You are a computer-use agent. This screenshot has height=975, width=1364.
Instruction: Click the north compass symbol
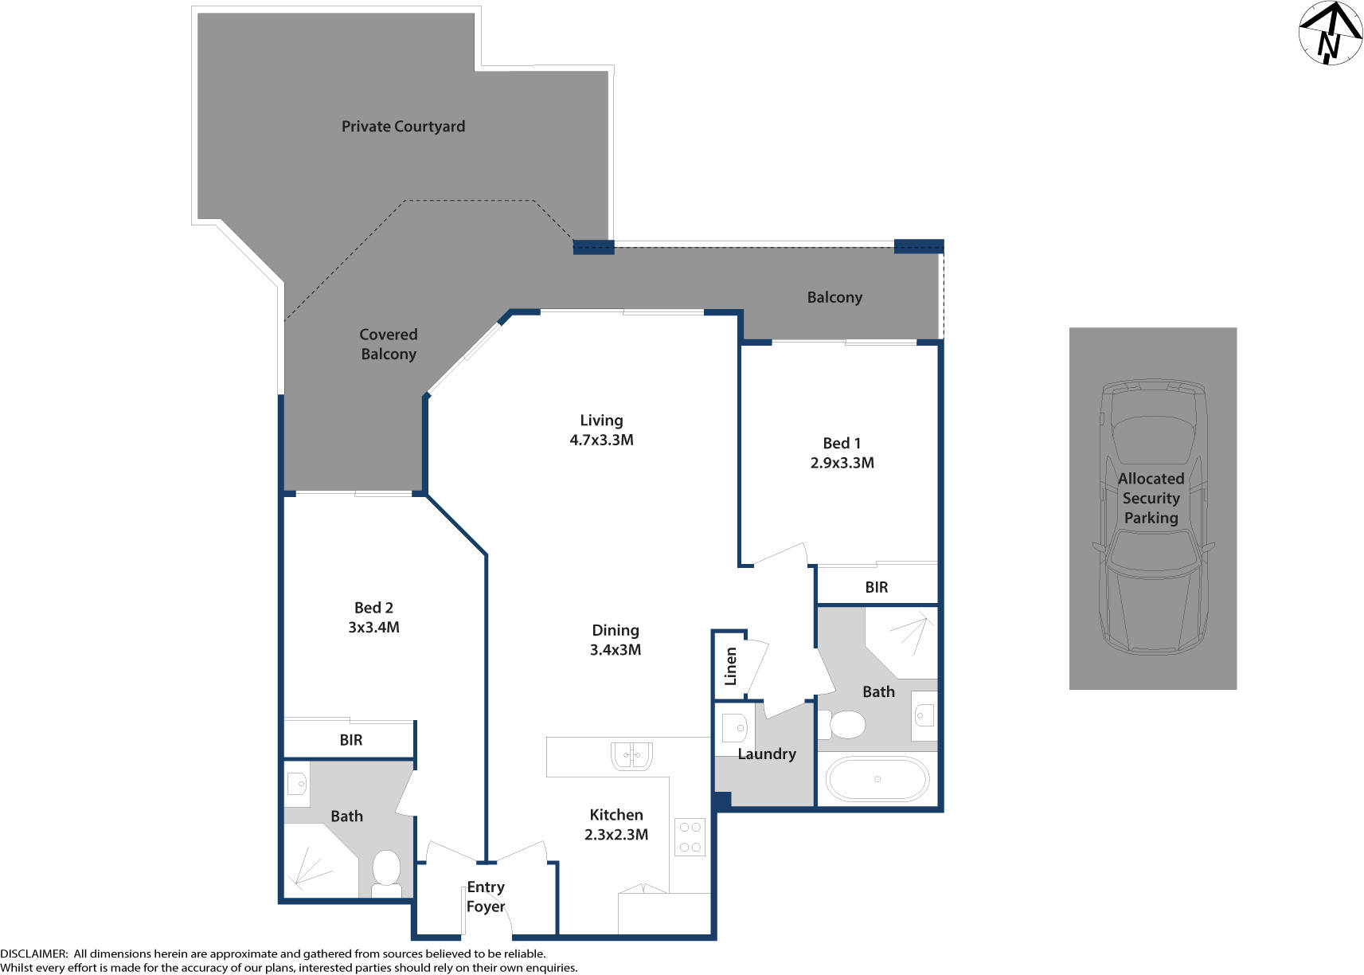tap(1330, 33)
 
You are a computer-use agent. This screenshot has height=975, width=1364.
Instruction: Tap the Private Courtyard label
tap(403, 127)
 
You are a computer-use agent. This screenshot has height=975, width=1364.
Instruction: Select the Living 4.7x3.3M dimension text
tap(601, 440)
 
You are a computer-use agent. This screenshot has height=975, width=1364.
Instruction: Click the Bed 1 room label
tap(842, 444)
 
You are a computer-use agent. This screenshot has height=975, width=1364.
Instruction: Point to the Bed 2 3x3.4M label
tap(373, 617)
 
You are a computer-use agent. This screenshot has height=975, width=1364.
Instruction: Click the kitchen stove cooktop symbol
tap(690, 837)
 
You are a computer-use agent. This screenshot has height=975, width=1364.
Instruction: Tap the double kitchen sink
tap(631, 755)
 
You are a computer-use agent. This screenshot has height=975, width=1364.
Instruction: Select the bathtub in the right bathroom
tap(877, 779)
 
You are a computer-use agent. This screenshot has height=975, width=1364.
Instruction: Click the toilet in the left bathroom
tap(387, 870)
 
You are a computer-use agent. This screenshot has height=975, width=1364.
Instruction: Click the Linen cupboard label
tap(730, 666)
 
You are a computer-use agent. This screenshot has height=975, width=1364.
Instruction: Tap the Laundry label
tap(766, 754)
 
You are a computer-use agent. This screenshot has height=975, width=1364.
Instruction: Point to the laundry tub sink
tap(735, 728)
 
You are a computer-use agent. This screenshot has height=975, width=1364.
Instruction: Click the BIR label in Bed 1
tap(876, 587)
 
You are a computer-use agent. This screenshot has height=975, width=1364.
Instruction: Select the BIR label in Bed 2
tap(350, 740)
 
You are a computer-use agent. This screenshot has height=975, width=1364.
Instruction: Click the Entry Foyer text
tap(486, 896)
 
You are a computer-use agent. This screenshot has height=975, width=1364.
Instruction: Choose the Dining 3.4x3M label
tap(615, 640)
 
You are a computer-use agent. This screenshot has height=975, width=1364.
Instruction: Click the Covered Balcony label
tap(388, 344)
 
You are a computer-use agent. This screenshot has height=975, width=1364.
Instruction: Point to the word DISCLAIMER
tap(33, 953)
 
